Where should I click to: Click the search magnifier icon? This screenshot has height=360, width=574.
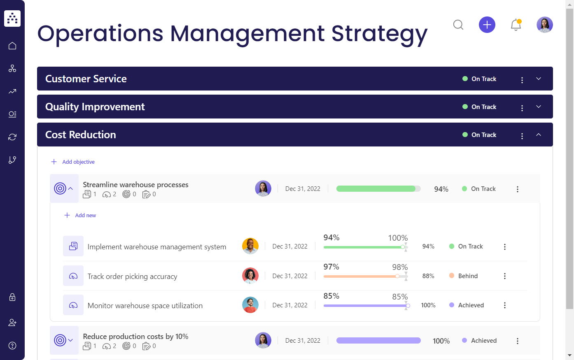coord(458,25)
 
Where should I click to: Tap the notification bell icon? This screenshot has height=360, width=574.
coord(516,25)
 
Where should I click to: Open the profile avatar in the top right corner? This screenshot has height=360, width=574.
coord(544,25)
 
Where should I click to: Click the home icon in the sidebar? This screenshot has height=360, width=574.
coord(12,46)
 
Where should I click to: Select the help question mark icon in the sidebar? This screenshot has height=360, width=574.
coord(12,346)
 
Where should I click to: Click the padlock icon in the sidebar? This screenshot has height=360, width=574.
coord(12,297)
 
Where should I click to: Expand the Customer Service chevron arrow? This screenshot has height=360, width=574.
coord(538,79)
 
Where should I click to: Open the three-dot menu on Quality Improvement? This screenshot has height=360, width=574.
coord(522,108)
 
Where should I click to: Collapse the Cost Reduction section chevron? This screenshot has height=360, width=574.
coord(538,135)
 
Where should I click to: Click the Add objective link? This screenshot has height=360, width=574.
coord(78,162)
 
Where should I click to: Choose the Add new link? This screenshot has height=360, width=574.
coord(85,216)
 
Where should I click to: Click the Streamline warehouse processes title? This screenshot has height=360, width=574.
coord(135,185)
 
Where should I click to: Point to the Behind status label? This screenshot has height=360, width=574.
coord(468,276)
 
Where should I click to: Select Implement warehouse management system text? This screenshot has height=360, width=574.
coord(157,247)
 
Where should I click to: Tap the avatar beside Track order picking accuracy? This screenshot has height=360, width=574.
coord(250,276)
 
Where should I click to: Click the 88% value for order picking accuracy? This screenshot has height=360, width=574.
coord(428,276)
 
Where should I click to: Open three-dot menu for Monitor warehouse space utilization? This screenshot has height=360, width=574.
coord(504,305)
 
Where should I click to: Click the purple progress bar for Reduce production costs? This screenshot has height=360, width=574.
coord(378,341)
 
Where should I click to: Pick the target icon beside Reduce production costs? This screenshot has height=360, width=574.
coord(60,340)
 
